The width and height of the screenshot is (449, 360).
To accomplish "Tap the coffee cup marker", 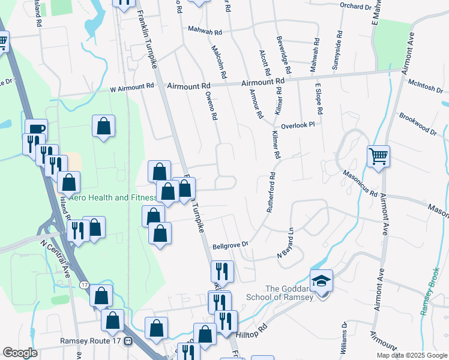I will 37,129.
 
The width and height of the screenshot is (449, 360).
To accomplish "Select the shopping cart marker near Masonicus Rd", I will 378,157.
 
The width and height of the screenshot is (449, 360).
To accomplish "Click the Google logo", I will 20,352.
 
